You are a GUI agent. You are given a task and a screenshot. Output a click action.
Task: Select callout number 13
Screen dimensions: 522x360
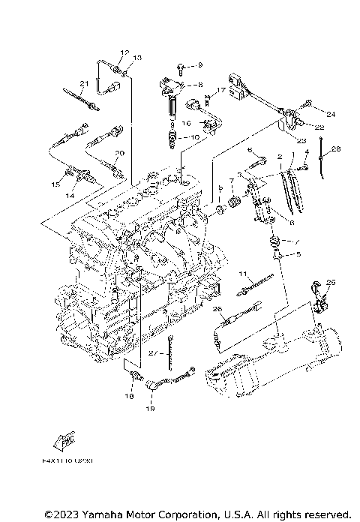pos(137,58)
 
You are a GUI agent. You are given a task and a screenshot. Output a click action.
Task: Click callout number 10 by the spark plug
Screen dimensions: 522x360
pos(195,137)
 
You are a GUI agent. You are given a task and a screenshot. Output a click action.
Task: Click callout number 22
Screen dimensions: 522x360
pos(319,127)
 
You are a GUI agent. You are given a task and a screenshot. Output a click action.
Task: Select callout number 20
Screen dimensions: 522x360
pos(118,153)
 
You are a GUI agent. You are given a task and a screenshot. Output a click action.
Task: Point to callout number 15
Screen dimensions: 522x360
pos(55,184)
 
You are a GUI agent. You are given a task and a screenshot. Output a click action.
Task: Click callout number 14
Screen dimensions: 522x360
pos(70,194)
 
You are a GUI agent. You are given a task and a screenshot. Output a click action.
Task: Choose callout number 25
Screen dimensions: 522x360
pos(331,282)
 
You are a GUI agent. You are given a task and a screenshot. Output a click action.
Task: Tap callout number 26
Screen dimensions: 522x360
pos(217,308)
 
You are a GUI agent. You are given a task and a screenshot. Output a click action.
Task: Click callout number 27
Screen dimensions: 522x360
pos(151,352)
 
